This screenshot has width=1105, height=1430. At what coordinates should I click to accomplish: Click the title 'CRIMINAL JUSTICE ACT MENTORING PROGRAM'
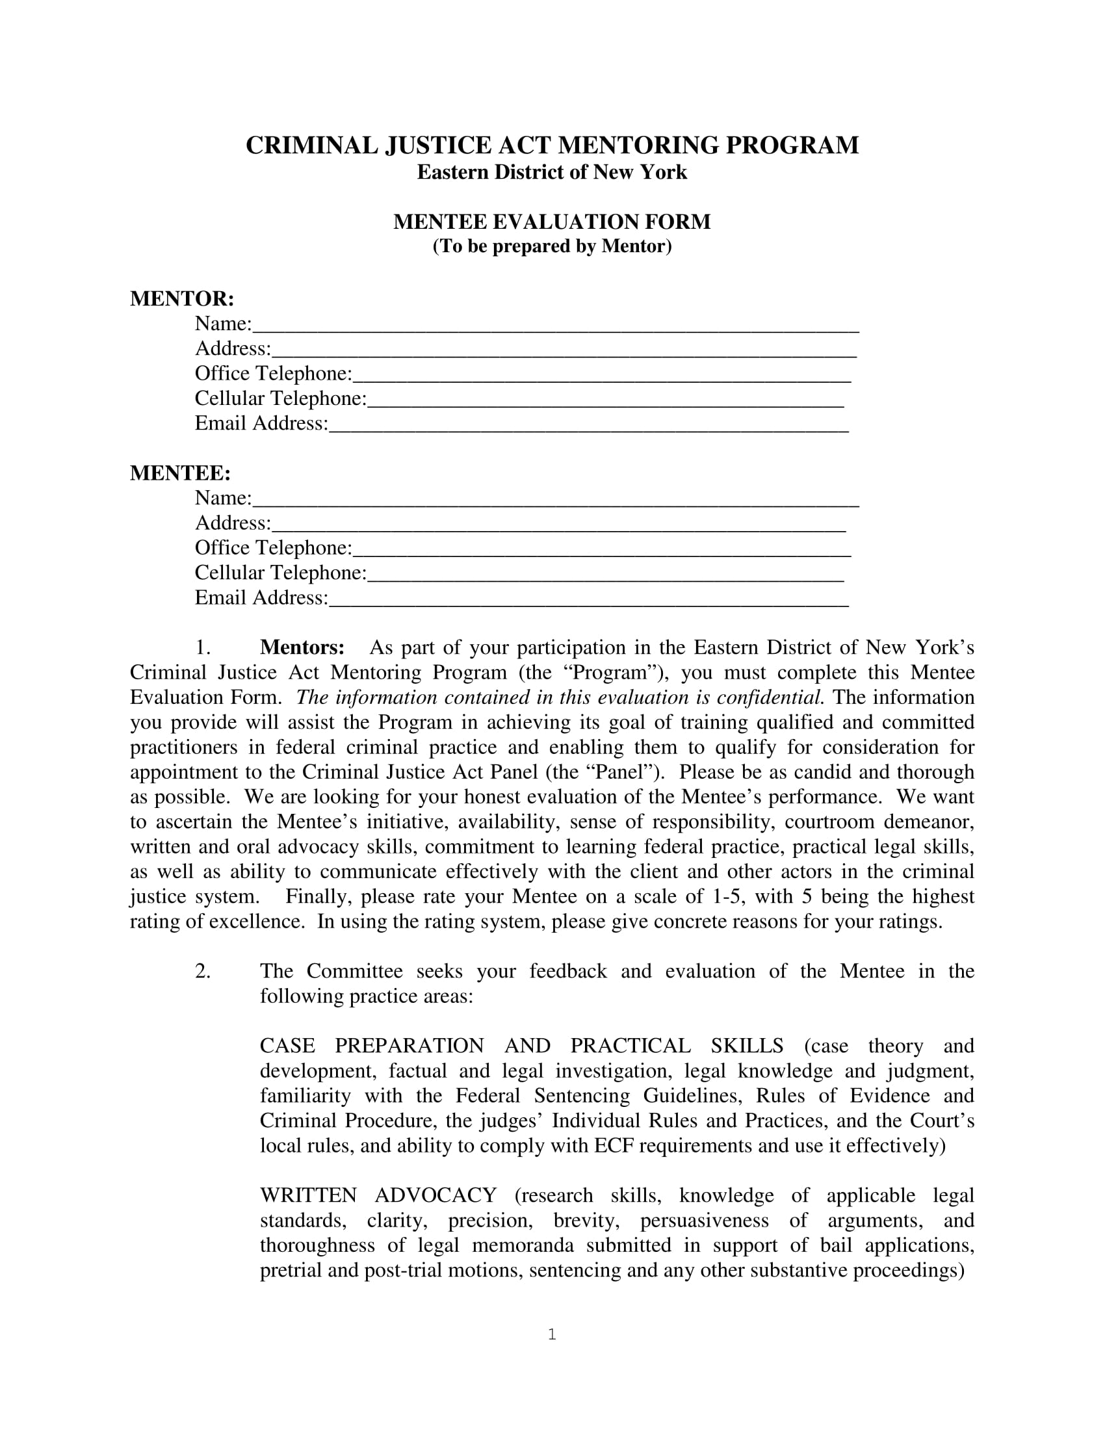pos(552,146)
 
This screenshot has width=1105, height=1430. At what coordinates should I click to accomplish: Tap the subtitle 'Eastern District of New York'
pos(552,172)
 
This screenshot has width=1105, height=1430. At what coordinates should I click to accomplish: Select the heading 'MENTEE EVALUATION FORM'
pos(552,222)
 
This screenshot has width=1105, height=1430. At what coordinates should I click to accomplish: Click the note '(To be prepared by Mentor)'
pos(552,246)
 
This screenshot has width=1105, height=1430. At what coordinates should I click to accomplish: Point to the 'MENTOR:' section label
pos(182,298)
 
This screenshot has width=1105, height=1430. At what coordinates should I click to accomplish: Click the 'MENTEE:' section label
pos(180,473)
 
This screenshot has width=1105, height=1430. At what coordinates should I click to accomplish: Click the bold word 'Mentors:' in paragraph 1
pos(302,647)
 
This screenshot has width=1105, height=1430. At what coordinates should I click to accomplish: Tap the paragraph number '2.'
pos(202,971)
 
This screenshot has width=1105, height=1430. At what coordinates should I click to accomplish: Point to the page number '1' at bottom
pos(552,1334)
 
